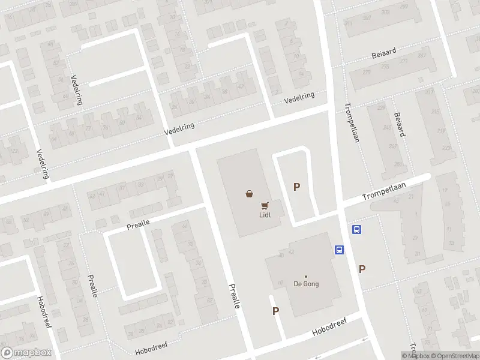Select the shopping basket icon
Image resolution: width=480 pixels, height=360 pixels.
[249, 193]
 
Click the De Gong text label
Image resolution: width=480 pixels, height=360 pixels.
[305, 284]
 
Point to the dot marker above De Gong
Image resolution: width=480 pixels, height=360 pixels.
[305, 277]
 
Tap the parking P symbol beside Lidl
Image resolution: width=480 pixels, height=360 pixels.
[296, 187]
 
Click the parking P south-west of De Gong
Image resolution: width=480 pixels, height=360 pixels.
[276, 311]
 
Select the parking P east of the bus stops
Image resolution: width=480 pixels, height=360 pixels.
[362, 269]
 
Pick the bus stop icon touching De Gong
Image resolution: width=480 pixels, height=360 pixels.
[339, 250]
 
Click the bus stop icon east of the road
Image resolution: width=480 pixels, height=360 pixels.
[356, 229]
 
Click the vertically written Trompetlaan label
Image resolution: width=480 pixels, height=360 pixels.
[352, 126]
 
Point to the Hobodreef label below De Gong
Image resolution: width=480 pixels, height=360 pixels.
[329, 328]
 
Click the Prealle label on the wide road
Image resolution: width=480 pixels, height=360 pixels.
[235, 296]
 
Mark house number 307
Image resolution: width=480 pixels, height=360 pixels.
[208, 2]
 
